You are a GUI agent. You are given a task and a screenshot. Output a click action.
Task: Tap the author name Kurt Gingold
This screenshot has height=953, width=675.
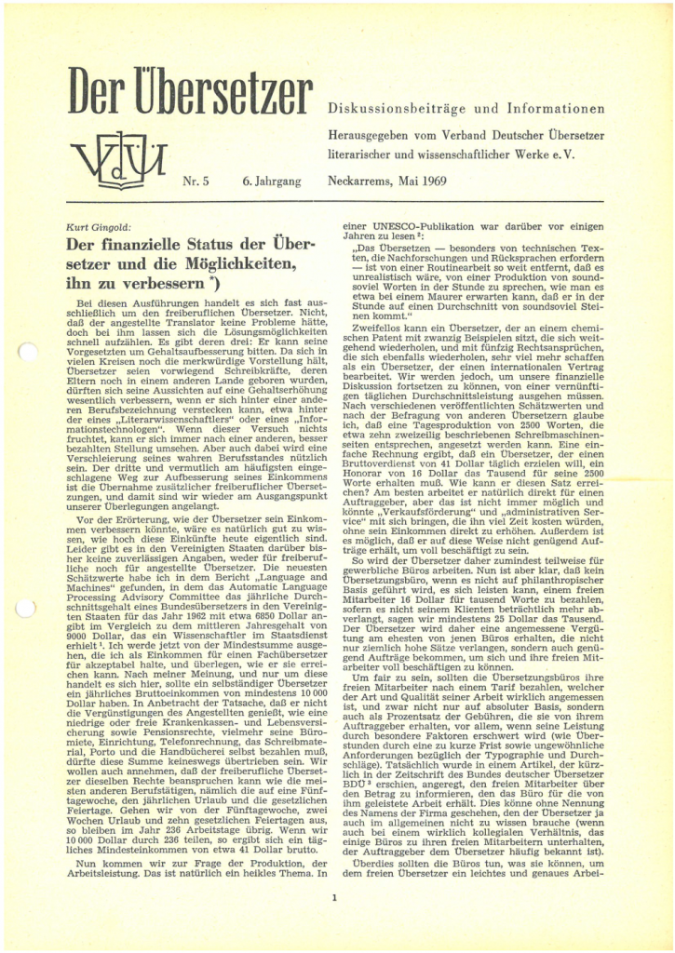click(99, 227)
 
